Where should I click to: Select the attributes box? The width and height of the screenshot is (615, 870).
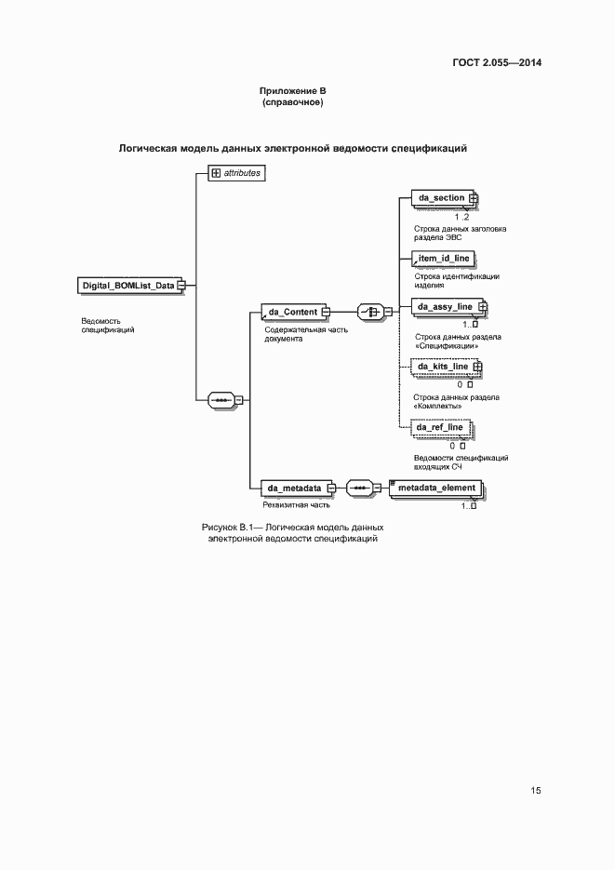tap(236, 172)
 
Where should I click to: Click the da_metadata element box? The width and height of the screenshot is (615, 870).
tap(295, 487)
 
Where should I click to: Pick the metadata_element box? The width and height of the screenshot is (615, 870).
tap(435, 488)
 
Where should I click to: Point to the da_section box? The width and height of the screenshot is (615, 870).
tap(442, 198)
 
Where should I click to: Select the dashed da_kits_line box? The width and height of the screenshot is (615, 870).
tap(443, 367)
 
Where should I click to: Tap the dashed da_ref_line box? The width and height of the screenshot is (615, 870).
tap(441, 427)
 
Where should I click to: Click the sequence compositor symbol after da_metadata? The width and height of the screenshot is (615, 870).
tap(360, 487)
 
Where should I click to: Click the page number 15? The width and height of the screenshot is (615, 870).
tap(536, 790)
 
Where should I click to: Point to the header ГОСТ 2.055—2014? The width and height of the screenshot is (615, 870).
tap(497, 63)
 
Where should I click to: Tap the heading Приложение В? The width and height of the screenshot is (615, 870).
tap(292, 90)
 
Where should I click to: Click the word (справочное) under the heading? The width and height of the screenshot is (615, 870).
tap(292, 102)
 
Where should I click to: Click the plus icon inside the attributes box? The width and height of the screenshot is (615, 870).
tap(216, 172)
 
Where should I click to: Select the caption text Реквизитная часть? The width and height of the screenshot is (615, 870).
tap(296, 505)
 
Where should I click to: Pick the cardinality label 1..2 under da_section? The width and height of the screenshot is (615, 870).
tap(461, 216)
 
